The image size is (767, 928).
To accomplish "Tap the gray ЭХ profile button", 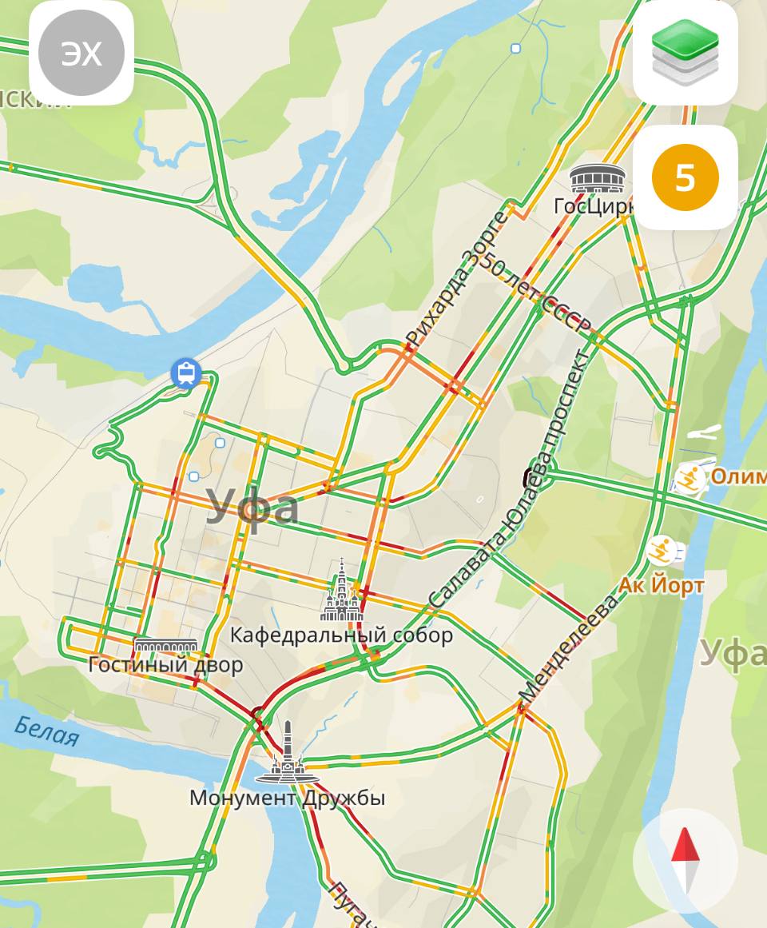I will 81,54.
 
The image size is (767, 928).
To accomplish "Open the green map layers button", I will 685,52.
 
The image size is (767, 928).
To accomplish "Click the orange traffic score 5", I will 685,177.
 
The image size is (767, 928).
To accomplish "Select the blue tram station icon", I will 185,372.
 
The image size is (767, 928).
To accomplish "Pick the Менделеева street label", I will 569,647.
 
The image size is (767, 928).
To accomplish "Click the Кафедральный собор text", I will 341,635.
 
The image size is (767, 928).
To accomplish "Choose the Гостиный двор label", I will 166,664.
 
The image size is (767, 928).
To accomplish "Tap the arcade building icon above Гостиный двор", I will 165,645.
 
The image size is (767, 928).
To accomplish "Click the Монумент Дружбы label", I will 287,798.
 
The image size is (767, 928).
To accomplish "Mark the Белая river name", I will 47,731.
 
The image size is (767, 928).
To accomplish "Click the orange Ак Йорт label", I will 661,586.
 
